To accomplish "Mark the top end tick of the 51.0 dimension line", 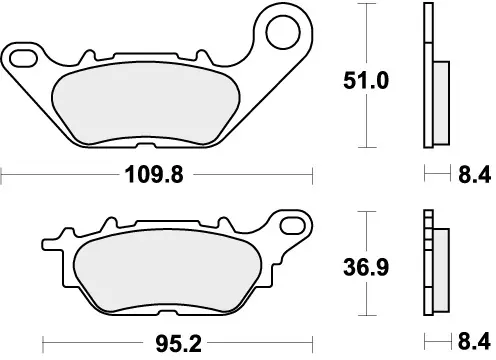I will click(370, 6).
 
